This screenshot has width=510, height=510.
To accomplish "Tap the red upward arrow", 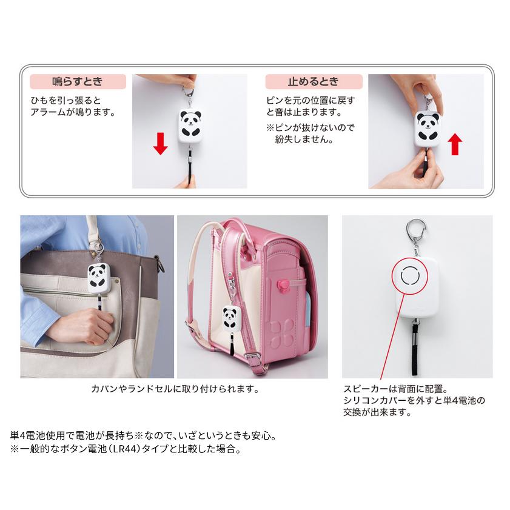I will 456,145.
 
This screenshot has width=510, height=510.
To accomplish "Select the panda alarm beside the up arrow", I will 428,126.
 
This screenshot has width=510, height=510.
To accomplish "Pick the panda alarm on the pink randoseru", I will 230,320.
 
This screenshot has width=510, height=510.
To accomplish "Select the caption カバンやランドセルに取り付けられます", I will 174,389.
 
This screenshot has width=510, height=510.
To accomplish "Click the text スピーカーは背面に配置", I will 395,389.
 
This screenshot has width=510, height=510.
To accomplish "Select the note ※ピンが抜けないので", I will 310,128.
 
